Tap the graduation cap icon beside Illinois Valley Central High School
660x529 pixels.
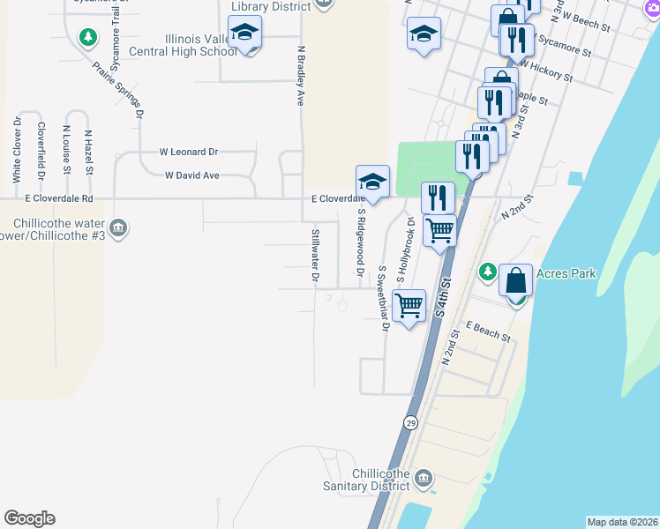coord(244,34)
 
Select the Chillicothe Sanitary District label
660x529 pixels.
coord(380,480)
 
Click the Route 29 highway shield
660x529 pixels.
coord(411,423)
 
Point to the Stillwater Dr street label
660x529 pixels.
coord(315,257)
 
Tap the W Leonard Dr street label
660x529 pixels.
coord(188,153)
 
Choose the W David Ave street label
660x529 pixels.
coord(191,175)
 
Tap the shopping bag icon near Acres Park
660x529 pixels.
coord(516,280)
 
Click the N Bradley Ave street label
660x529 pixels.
coord(302,77)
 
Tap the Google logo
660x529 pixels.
coord(29,518)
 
